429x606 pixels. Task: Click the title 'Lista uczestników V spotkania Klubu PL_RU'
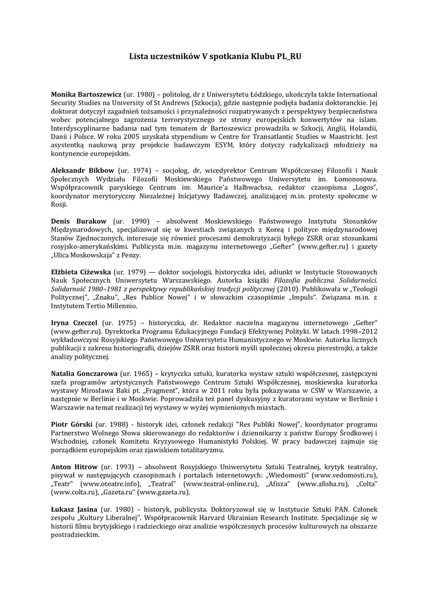(215, 56)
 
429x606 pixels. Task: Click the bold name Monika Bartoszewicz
(86, 95)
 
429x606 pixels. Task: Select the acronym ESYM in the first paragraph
(212, 145)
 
